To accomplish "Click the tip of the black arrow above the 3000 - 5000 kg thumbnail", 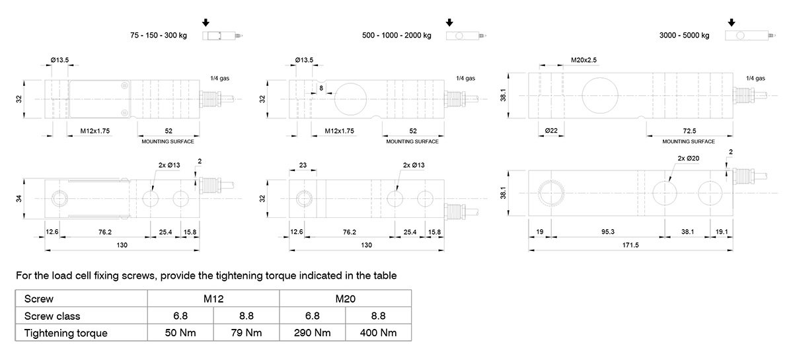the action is point(732,26).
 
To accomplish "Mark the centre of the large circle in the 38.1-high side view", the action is point(600,96).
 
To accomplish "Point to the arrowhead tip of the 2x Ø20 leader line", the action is point(668,181).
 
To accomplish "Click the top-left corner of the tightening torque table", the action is point(15,290).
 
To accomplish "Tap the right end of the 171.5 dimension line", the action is point(733,250).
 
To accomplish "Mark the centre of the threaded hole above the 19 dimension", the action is point(551,193).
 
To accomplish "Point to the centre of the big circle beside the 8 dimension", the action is point(350,99).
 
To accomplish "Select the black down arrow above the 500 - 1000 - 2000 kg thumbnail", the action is point(449,22).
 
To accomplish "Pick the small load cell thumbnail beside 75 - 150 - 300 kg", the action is point(222,36).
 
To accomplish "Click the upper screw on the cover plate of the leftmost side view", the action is point(125,85).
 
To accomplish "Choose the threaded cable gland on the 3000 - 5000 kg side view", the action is point(743,95).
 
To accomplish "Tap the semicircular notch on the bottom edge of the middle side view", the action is point(376,118).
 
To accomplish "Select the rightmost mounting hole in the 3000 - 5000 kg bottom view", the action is point(710,193).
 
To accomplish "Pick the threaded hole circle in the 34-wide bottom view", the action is point(59,199).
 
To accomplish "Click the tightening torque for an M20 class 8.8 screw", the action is point(378,333).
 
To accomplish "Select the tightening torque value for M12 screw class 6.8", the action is point(180,333).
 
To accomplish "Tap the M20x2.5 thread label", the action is point(584,60).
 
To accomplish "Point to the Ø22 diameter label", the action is point(551,131).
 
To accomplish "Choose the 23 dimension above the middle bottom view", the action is point(303,165).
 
